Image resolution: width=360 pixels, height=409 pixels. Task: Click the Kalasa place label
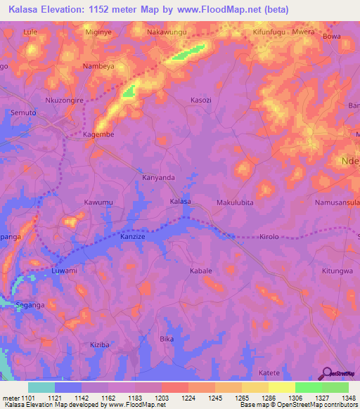[x=181, y=202]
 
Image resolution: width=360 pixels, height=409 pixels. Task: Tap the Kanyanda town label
[x=158, y=178]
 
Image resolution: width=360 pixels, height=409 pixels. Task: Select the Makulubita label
[x=235, y=202]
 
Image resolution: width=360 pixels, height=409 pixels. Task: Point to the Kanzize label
[x=132, y=238]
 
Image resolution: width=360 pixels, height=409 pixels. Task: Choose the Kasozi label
[x=200, y=100]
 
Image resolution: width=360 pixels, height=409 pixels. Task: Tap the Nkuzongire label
[x=64, y=100]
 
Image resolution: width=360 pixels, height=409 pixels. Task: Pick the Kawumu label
[x=98, y=202]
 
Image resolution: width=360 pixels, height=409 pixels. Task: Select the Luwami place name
[x=64, y=270]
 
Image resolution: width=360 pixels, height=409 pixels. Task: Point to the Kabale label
[x=200, y=270]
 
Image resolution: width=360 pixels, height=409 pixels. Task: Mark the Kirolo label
[x=269, y=238]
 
